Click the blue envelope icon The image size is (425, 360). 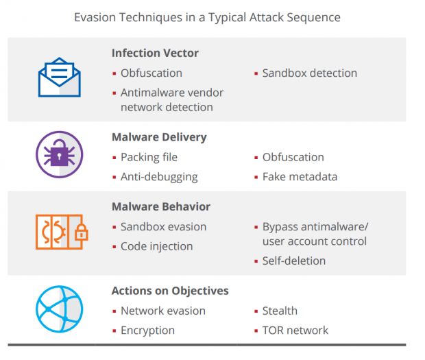point(60,77)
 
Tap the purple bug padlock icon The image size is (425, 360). point(60,154)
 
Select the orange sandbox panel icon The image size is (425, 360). point(62,232)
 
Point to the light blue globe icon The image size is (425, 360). point(60,309)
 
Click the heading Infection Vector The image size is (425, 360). point(155,53)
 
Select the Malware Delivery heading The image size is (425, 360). point(159,137)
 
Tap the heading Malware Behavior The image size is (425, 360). point(161,206)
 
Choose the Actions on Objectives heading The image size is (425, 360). point(170,291)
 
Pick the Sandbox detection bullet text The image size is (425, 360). point(310,73)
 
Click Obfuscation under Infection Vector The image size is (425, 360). point(151,73)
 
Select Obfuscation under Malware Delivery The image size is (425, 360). point(293,157)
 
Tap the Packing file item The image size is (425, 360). point(149,158)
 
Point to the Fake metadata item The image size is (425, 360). point(300,177)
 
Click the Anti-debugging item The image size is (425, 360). point(159,178)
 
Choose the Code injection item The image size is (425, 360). point(157,247)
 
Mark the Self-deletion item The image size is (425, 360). point(294,261)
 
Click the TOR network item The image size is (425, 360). point(295,331)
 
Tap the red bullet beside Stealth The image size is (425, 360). point(256,311)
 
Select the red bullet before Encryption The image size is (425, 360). point(114,331)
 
